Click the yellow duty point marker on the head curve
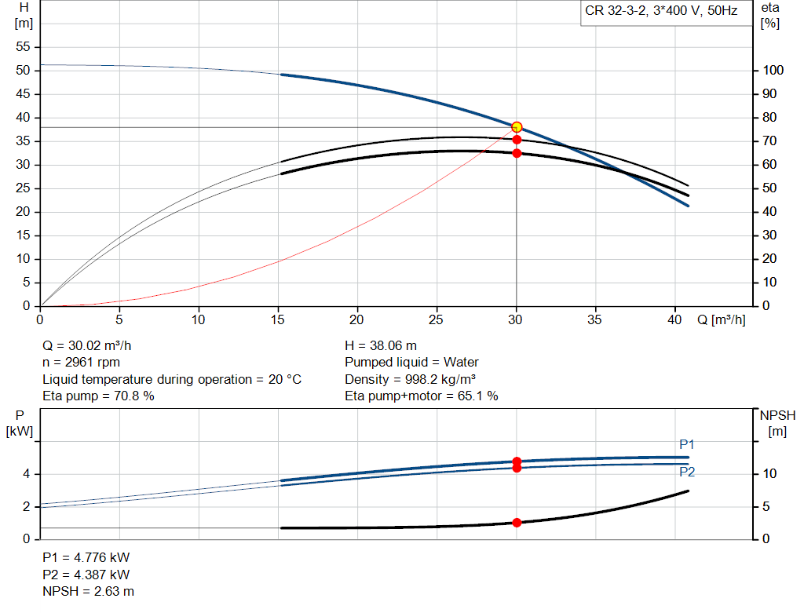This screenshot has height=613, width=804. pyautogui.click(x=517, y=127)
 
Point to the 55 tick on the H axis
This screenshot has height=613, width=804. pyautogui.click(x=23, y=47)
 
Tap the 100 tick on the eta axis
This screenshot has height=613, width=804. pyautogui.click(x=773, y=71)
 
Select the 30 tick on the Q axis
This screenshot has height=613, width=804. pyautogui.click(x=516, y=319)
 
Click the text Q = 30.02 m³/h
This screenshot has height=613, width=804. pyautogui.click(x=93, y=345)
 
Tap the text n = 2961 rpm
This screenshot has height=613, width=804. pyautogui.click(x=82, y=362)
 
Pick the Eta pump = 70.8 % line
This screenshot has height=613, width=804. pyautogui.click(x=98, y=396)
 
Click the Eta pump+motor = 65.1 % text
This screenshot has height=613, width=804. pyautogui.click(x=422, y=396)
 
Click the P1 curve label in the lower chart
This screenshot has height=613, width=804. pyautogui.click(x=687, y=445)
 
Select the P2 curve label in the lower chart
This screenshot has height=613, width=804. pyautogui.click(x=687, y=472)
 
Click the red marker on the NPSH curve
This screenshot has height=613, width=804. pyautogui.click(x=517, y=523)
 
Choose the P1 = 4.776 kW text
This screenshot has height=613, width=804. pyautogui.click(x=86, y=557)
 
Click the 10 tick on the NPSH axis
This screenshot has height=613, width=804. pyautogui.click(x=770, y=474)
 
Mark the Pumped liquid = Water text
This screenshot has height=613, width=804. pyautogui.click(x=411, y=362)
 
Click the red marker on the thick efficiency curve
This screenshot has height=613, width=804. pyautogui.click(x=517, y=153)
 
